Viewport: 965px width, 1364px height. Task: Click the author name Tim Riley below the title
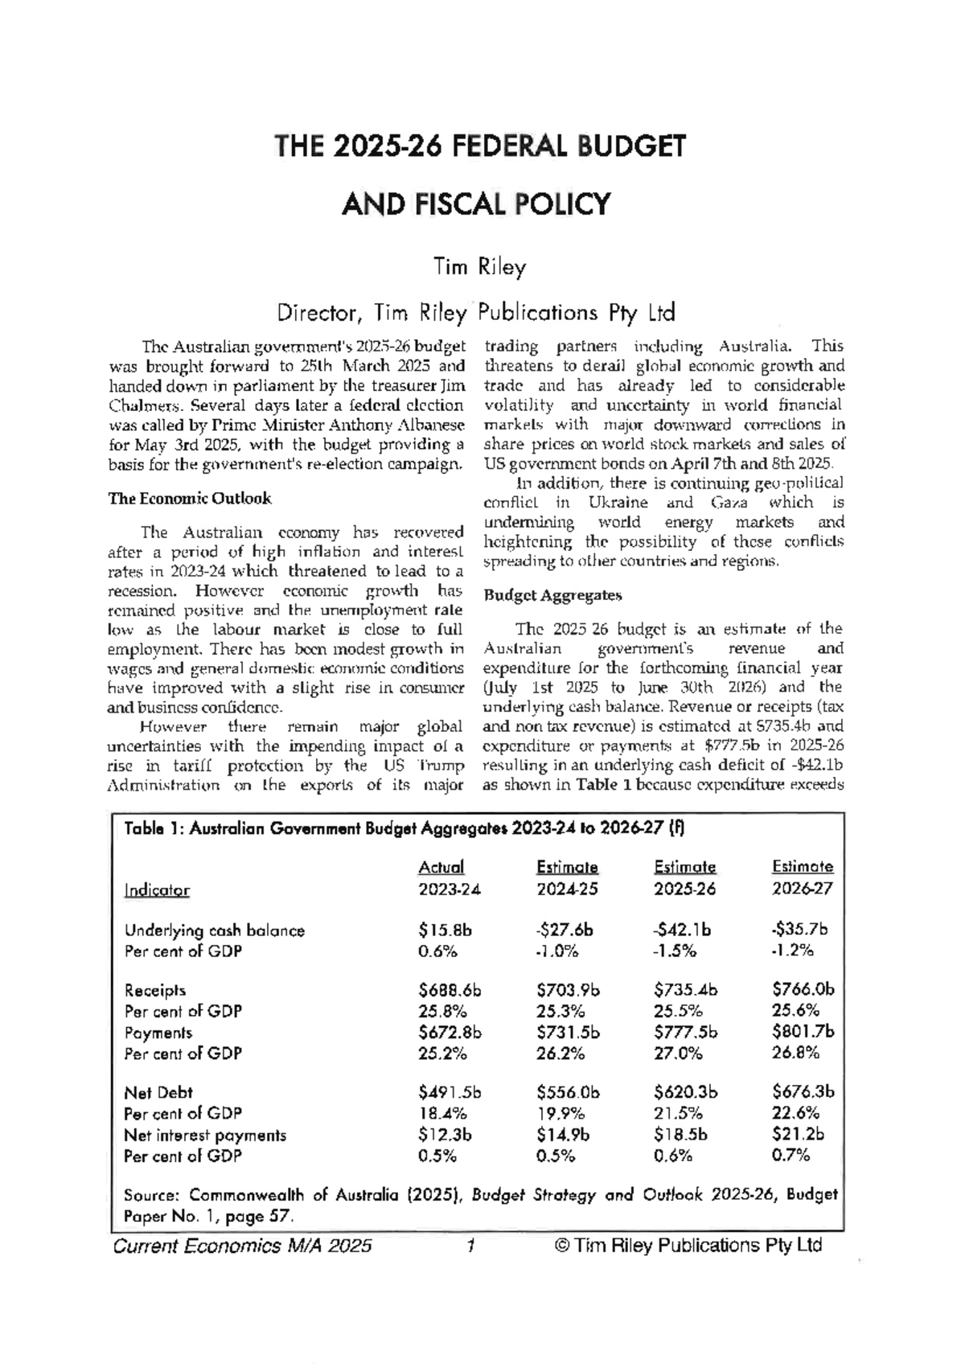click(x=480, y=266)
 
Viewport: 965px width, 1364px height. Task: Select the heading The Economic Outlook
click(x=190, y=499)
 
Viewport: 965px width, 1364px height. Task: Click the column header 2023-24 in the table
click(x=449, y=889)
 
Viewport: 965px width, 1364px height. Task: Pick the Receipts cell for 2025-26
click(x=685, y=990)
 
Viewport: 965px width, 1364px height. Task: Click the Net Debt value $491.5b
click(x=449, y=1092)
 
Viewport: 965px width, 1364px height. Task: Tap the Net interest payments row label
click(x=205, y=1135)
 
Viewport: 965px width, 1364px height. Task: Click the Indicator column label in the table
click(x=157, y=890)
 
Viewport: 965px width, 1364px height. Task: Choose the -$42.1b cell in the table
click(x=682, y=930)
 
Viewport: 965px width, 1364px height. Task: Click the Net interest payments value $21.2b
click(x=798, y=1135)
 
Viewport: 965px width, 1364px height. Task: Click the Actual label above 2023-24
click(x=441, y=868)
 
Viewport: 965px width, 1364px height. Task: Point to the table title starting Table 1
click(x=402, y=829)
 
